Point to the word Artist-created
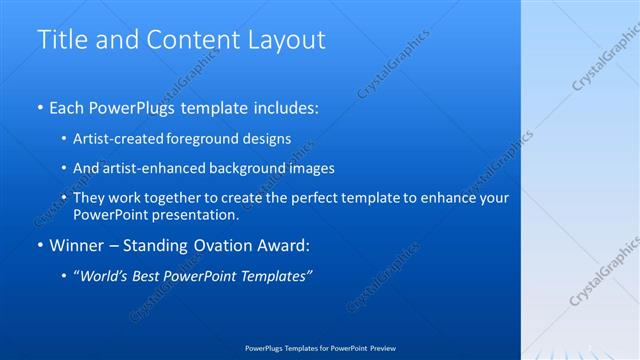point(120,138)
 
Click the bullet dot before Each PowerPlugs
point(39,107)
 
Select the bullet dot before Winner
point(39,246)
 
